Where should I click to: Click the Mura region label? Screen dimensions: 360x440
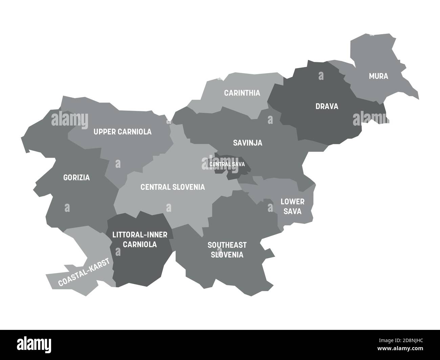pyautogui.click(x=378, y=76)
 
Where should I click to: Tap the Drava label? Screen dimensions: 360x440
pyautogui.click(x=327, y=106)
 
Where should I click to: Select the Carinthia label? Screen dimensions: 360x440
pyautogui.click(x=242, y=93)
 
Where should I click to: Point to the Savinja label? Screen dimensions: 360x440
pyautogui.click(x=248, y=143)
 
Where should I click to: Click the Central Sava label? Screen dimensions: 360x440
pyautogui.click(x=227, y=164)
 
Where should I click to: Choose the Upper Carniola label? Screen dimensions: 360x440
pyautogui.click(x=123, y=132)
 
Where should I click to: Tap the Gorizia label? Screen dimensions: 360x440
pyautogui.click(x=76, y=177)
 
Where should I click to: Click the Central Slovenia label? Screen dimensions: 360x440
pyautogui.click(x=173, y=187)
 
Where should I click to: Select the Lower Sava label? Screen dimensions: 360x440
pyautogui.click(x=292, y=206)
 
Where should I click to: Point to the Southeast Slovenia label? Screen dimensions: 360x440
pyautogui.click(x=227, y=250)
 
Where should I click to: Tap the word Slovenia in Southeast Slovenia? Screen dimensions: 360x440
pyautogui.click(x=227, y=255)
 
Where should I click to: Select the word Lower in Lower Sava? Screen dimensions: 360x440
pyautogui.click(x=292, y=202)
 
